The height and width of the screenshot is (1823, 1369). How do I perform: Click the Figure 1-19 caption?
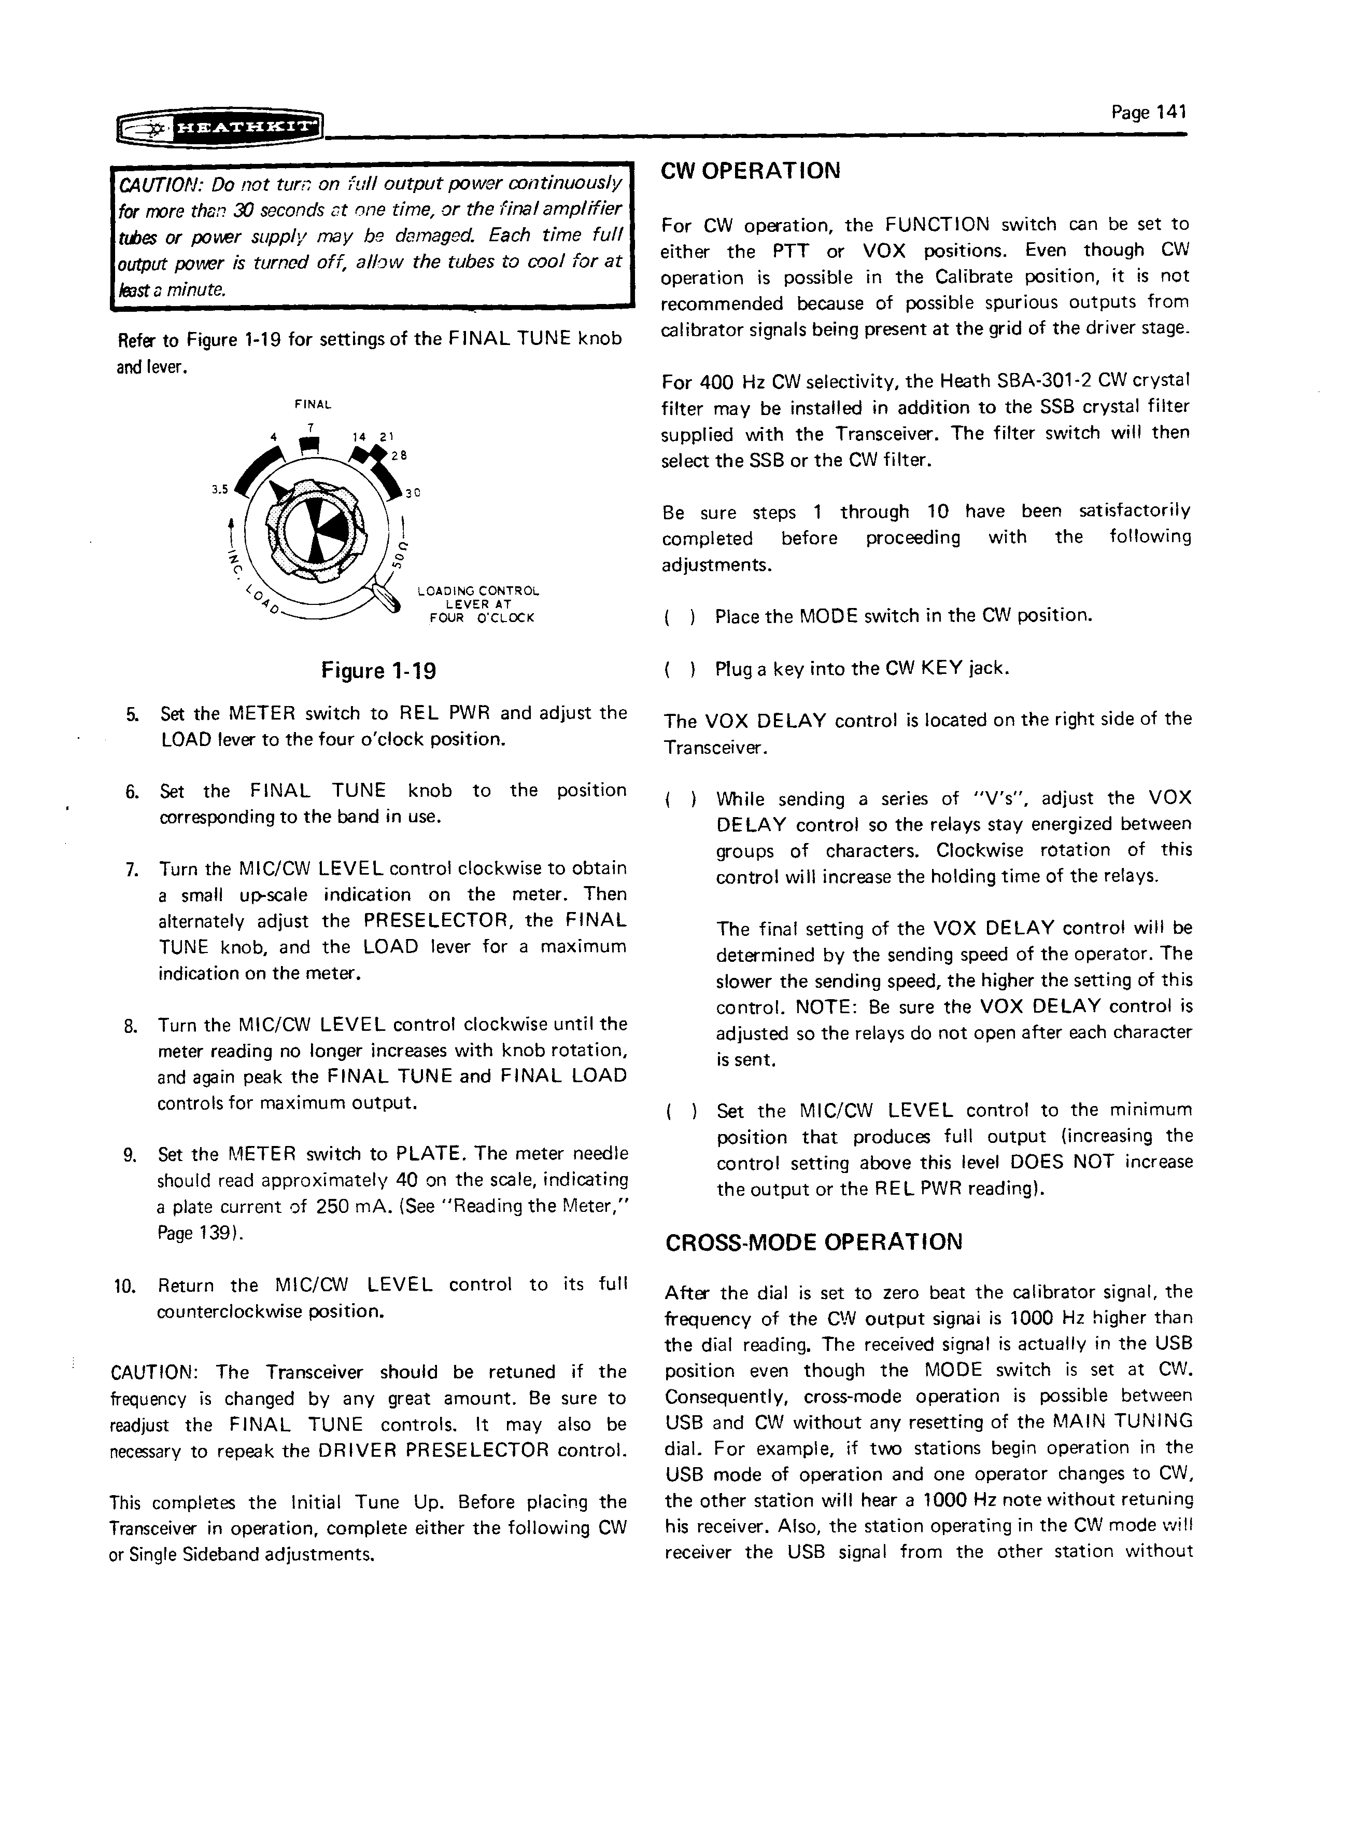378,671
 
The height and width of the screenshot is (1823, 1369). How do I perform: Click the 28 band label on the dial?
399,454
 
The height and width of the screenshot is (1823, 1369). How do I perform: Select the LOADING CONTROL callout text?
478,591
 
